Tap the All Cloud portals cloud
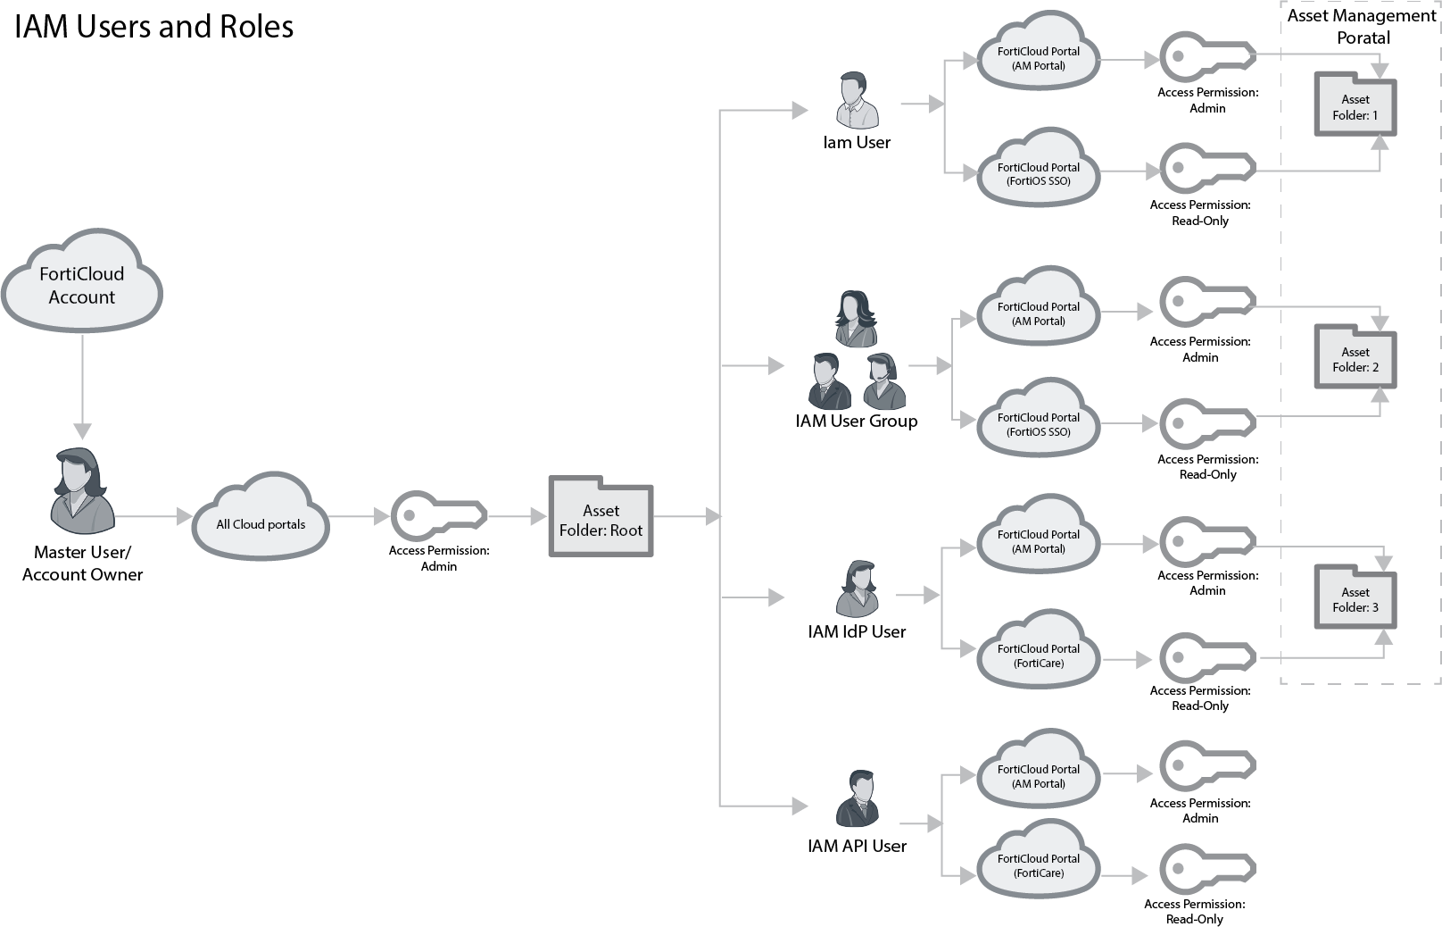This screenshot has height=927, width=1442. (x=261, y=521)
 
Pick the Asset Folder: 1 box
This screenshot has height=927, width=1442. (x=1355, y=106)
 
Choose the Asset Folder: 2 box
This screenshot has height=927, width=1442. (x=1355, y=358)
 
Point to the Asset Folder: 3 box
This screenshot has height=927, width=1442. (x=1355, y=598)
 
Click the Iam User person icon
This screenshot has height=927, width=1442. (x=857, y=101)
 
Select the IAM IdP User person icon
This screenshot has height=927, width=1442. (x=857, y=589)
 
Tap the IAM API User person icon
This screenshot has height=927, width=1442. (x=857, y=799)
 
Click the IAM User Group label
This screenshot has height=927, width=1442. (x=857, y=422)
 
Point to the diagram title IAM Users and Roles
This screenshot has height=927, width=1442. (x=154, y=27)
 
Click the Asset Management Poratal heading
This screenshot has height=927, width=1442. (x=1362, y=27)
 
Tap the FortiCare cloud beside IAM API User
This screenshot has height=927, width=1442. (x=1038, y=864)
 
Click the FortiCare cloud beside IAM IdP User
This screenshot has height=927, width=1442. (x=1038, y=653)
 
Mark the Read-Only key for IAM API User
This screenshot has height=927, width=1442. (x=1206, y=868)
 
